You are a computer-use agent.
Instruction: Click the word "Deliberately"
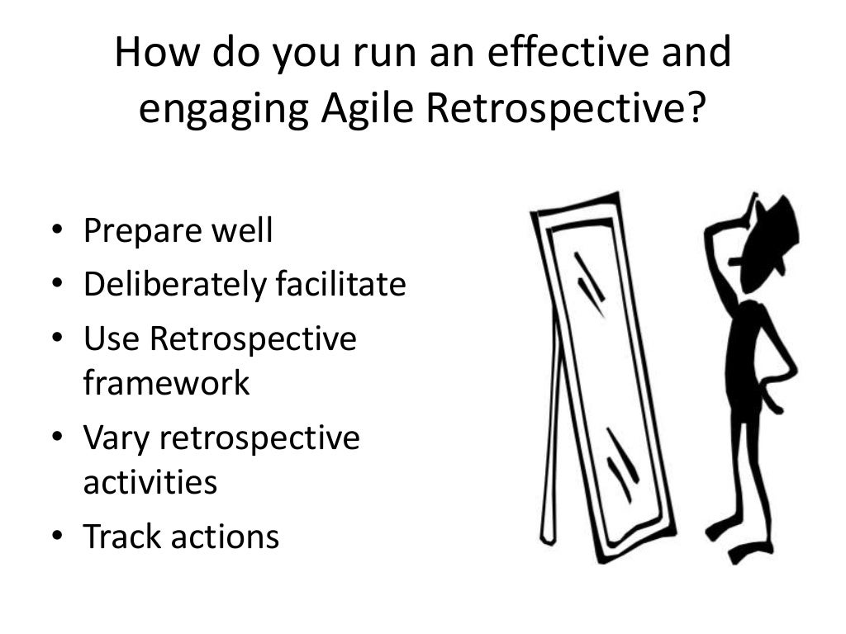tap(165, 286)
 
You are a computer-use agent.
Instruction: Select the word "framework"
tap(166, 382)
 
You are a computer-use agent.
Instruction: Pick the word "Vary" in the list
tap(116, 438)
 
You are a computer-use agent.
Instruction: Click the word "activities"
tap(150, 481)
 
